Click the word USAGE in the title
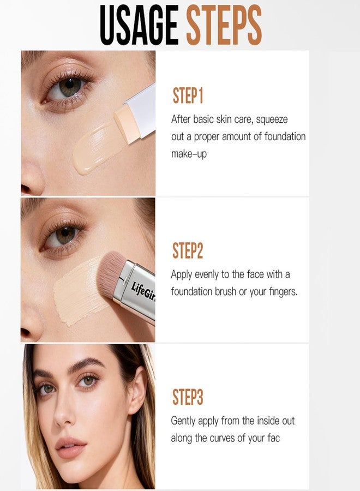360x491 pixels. pos(139,25)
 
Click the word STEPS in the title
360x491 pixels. pos(224,25)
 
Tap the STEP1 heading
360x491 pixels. pos(188,96)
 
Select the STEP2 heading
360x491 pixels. pos(188,250)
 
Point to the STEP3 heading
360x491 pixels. pos(188,397)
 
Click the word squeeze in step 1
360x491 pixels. pos(272,120)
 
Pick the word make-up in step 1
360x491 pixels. pos(189,154)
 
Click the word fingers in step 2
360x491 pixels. pos(283,292)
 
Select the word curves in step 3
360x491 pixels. pos(222,438)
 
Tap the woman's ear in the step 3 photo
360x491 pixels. pos(138,391)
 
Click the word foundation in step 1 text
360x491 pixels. pos(285,137)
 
